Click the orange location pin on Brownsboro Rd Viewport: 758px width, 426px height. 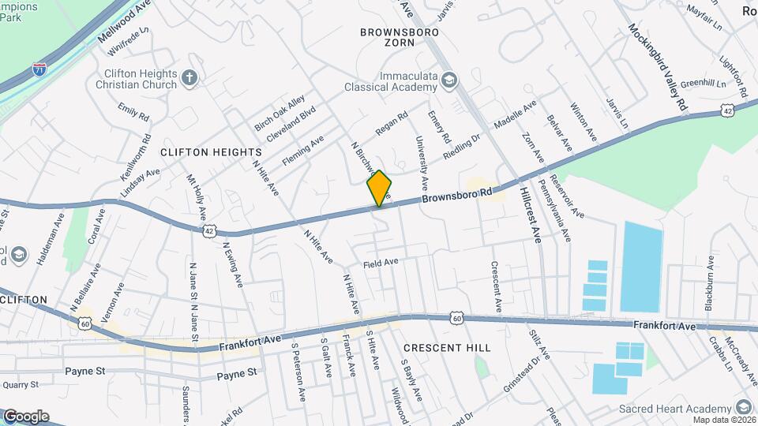[380, 188]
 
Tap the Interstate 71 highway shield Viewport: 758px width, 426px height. [39, 70]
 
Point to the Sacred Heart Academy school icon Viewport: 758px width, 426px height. [742, 407]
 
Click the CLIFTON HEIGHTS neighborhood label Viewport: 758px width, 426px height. [211, 151]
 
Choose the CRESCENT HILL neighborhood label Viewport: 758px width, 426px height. [447, 347]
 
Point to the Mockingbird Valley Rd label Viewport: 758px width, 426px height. [659, 66]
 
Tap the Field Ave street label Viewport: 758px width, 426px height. [381, 262]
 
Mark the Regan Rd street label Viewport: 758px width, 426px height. [391, 121]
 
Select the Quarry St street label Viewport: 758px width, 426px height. [20, 385]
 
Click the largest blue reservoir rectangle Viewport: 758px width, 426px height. [641, 266]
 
